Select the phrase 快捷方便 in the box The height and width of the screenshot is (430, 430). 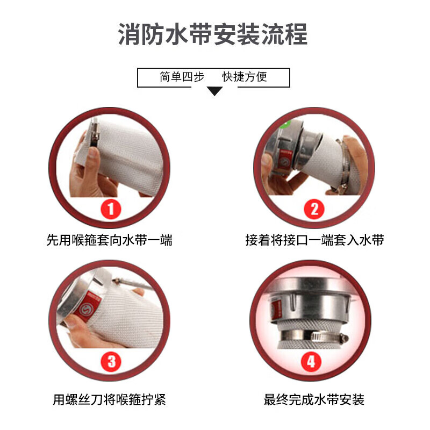click(245, 77)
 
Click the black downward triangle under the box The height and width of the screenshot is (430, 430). click(214, 92)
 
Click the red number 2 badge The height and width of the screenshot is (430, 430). click(314, 209)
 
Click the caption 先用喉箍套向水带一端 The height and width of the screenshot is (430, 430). click(109, 240)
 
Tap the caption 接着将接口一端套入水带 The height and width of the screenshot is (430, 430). click(314, 240)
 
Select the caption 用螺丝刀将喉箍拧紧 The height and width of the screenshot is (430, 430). click(109, 400)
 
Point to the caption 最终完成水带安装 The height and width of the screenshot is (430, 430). click(314, 400)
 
